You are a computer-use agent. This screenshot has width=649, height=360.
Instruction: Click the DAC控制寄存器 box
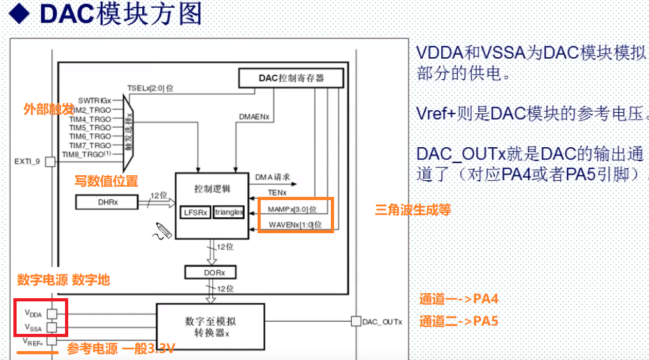(x=291, y=78)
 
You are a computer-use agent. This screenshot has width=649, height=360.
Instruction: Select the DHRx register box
(x=107, y=202)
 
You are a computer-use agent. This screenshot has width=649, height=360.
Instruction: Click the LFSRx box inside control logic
(x=195, y=212)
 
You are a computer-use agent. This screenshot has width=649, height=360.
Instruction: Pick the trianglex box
(x=229, y=212)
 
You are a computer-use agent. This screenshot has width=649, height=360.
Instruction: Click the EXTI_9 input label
(x=27, y=162)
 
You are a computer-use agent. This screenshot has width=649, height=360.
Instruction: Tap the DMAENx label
(x=254, y=117)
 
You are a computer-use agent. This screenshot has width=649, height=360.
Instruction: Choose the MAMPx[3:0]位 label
(x=292, y=209)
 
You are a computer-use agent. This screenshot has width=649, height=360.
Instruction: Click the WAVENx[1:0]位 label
(x=295, y=224)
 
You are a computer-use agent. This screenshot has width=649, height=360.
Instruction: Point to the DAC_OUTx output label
(x=383, y=322)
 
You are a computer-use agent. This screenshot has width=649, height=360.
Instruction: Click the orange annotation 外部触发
(x=48, y=110)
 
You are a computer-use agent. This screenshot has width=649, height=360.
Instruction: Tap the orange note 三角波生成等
(x=412, y=208)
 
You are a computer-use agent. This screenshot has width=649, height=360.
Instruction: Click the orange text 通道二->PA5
(x=458, y=321)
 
